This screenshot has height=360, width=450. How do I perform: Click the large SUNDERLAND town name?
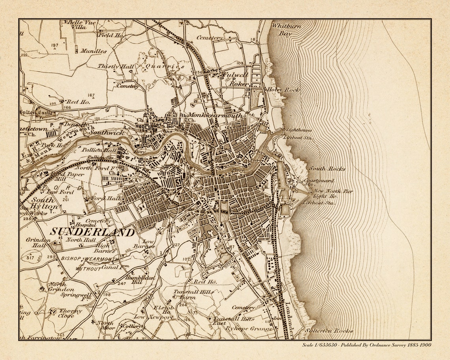pyautogui.click(x=92, y=232)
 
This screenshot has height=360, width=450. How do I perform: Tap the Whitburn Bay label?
pyautogui.click(x=286, y=30)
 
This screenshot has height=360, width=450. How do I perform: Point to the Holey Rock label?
pyautogui.click(x=283, y=90)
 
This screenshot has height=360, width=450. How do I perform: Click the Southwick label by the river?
pyautogui.click(x=106, y=133)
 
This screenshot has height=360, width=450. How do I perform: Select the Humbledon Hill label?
pyautogui.click(x=133, y=280)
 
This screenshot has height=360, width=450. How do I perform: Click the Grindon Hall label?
pyautogui.click(x=38, y=242)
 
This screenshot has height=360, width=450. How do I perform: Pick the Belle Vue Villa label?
pyautogui.click(x=81, y=25)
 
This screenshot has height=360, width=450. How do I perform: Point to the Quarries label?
pyautogui.click(x=165, y=67)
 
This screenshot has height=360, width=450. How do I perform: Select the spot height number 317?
pyautogui.click(x=30, y=257)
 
